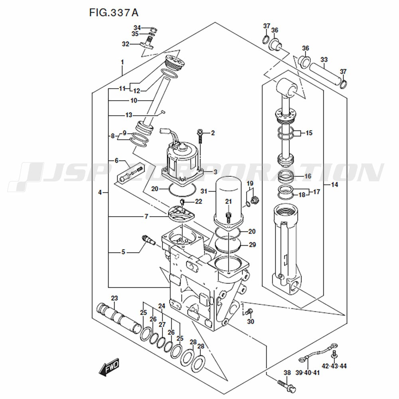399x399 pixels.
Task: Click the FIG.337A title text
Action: pos(114,12)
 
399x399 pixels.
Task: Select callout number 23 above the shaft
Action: pos(115,298)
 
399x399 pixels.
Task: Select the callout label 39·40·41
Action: pos(308,372)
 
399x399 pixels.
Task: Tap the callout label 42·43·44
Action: pos(334,366)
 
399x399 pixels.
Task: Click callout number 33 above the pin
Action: pos(324,59)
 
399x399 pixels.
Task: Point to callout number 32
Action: pos(126,44)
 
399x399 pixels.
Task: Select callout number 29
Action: pos(252,245)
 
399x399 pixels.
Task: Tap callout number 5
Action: pos(123,252)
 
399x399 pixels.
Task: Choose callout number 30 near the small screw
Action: pos(251,322)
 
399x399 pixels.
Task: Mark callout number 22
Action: pos(198,201)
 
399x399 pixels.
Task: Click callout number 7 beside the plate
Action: pos(146,216)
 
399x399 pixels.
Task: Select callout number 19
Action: pos(250,184)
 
